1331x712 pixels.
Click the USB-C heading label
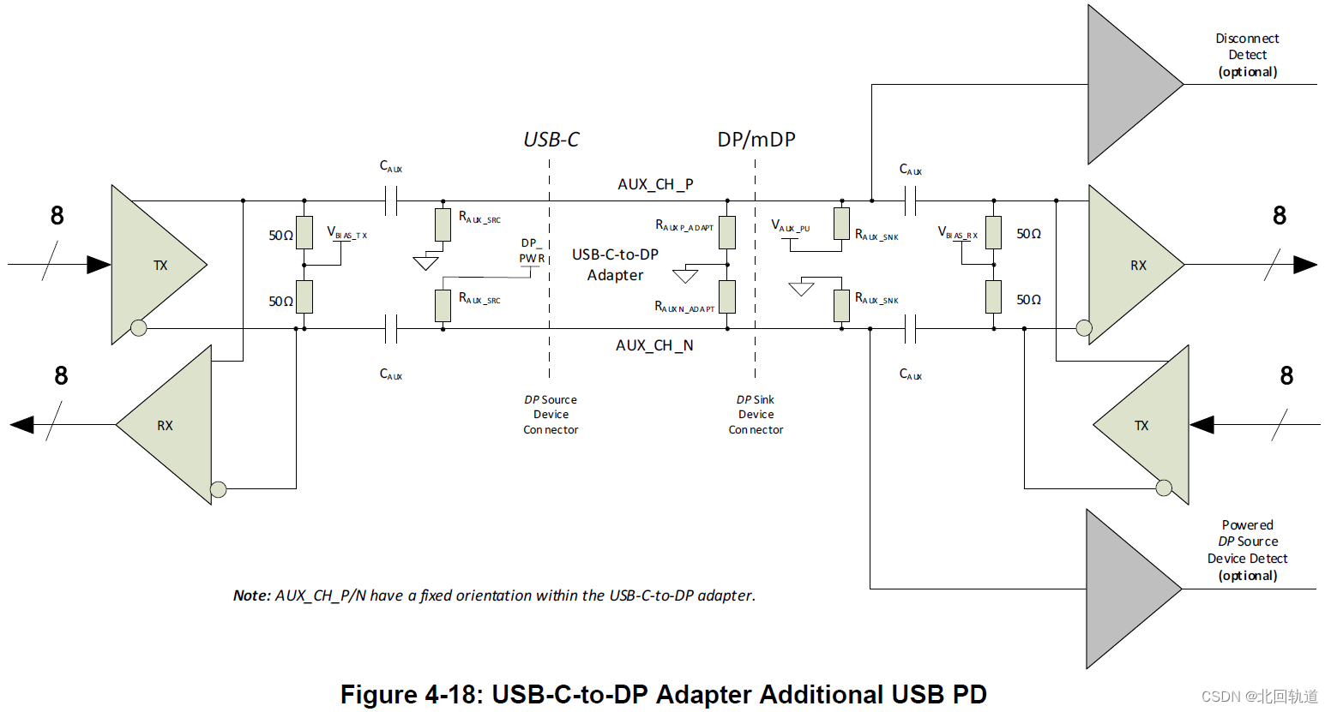click(x=551, y=140)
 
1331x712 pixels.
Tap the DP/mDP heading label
click(x=756, y=140)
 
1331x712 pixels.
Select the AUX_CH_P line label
click(x=655, y=184)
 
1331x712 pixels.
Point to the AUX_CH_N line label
click(x=654, y=345)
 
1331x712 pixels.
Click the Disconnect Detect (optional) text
click(x=1247, y=55)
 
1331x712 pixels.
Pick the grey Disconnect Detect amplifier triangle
click(x=1127, y=85)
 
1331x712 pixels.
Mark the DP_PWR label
click(x=531, y=251)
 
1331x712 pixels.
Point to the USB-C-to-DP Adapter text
click(x=615, y=265)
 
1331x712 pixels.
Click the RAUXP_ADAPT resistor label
click(x=684, y=226)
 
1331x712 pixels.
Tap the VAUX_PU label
click(x=790, y=226)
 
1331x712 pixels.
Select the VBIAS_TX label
click(x=346, y=233)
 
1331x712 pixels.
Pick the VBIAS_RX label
click(x=957, y=233)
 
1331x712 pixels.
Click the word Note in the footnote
click(x=251, y=595)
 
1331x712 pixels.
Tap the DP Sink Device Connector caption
click(x=756, y=415)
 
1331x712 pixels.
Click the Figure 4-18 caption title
click(x=663, y=694)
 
